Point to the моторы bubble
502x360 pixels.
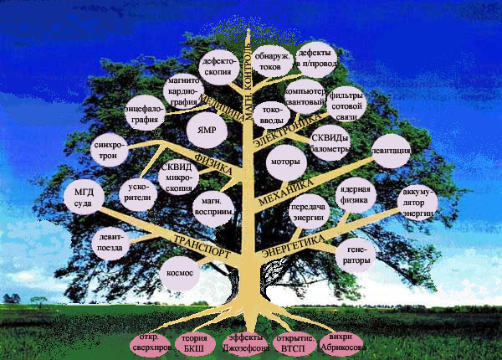286,162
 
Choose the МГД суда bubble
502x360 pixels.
84,196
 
